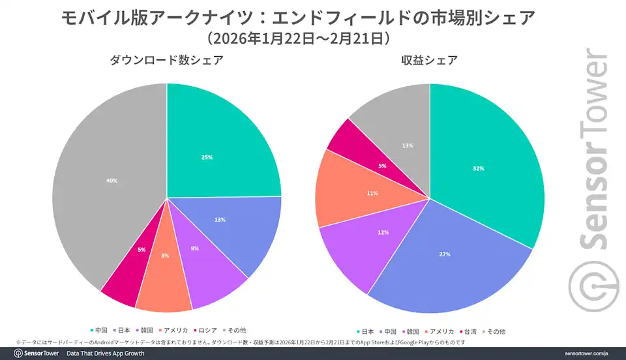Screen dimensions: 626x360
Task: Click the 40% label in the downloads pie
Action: click(x=112, y=181)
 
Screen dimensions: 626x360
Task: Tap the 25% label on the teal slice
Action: click(x=207, y=157)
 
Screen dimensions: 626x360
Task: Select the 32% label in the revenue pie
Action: click(x=478, y=168)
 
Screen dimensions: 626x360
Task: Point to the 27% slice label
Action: click(x=445, y=254)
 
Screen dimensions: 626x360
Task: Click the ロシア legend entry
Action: click(x=205, y=331)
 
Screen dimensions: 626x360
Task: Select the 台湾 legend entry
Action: click(x=468, y=332)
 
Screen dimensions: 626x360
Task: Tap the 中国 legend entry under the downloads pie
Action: click(x=99, y=331)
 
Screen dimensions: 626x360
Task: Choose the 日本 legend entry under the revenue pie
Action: click(x=365, y=332)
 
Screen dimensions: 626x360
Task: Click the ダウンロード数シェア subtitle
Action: click(x=166, y=60)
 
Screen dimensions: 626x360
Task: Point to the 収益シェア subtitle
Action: click(x=430, y=60)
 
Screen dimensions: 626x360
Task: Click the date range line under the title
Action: click(x=299, y=38)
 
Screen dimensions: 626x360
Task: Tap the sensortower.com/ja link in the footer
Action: click(x=586, y=353)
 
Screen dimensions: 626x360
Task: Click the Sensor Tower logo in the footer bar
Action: click(x=37, y=353)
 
